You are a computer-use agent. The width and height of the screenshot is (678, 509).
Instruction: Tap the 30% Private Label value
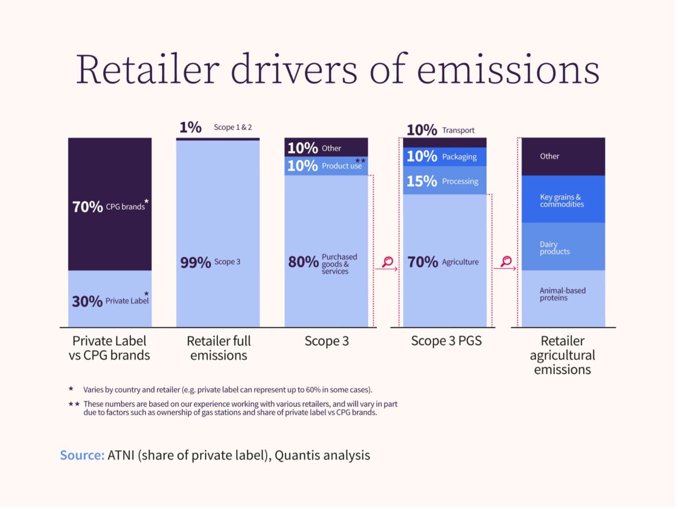pyautogui.click(x=87, y=302)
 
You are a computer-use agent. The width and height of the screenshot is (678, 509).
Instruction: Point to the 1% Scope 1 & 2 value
pyautogui.click(x=190, y=128)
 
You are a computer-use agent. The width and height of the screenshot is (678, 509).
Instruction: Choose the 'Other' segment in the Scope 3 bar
pyautogui.click(x=326, y=147)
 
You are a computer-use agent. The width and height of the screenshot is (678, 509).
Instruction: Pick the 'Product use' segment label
pyautogui.click(x=341, y=166)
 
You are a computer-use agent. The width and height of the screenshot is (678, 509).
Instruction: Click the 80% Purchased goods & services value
pyautogui.click(x=303, y=263)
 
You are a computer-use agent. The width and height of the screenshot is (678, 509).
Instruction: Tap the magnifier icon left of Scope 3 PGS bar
pyautogui.click(x=388, y=262)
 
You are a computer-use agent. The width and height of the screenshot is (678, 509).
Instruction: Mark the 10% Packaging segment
pyautogui.click(x=444, y=156)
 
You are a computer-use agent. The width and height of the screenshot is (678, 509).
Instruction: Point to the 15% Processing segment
pyautogui.click(x=444, y=181)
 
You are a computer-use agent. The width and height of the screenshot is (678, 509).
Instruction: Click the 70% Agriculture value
pyautogui.click(x=423, y=262)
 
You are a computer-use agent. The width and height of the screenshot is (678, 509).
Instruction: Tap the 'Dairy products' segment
pyautogui.click(x=563, y=248)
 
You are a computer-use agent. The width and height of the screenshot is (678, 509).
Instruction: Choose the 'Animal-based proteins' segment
pyautogui.click(x=563, y=294)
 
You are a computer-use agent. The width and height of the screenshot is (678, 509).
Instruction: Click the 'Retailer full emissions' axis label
pyautogui.click(x=219, y=348)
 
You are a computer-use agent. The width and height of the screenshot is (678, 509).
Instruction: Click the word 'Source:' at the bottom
pyautogui.click(x=82, y=455)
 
